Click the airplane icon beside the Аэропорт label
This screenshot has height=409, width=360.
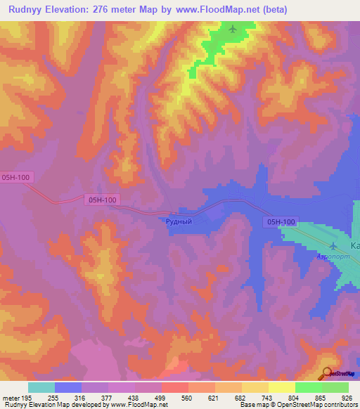click(x=333, y=245)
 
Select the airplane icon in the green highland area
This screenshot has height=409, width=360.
click(x=233, y=29)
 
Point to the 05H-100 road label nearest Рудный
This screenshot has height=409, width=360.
click(x=102, y=200)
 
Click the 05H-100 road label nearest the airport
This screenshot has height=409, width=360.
click(x=281, y=222)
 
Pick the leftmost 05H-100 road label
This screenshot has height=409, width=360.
click(x=17, y=178)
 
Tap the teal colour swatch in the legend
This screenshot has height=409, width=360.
click(x=41, y=387)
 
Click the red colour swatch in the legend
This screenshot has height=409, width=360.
click(x=175, y=387)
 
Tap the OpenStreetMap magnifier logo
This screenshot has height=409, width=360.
click(x=327, y=373)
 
